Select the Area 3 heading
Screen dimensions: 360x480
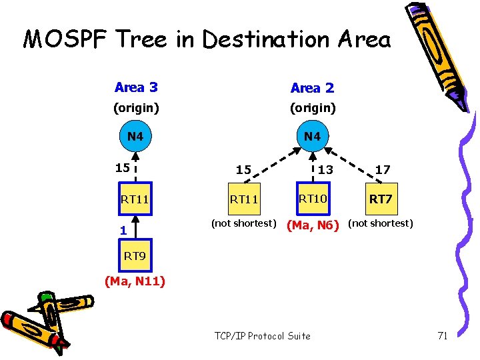[x=136, y=87]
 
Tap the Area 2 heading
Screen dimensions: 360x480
[x=312, y=88]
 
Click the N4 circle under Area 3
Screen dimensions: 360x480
[x=135, y=136]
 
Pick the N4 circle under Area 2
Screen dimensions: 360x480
[x=312, y=136]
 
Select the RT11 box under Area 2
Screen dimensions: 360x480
[x=243, y=198]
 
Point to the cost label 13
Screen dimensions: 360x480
[x=325, y=170]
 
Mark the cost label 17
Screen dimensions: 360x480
[x=382, y=170]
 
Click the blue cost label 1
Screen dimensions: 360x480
[x=123, y=231]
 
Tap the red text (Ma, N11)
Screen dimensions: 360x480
[x=135, y=281]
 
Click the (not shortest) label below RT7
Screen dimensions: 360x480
[x=381, y=223]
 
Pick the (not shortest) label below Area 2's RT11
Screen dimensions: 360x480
[x=243, y=223]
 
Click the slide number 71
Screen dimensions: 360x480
[x=442, y=335]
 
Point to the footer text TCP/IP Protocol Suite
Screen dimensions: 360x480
[x=263, y=335]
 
